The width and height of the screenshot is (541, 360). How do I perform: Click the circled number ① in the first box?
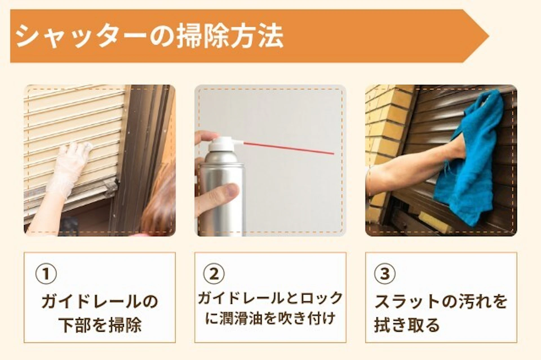(46, 274)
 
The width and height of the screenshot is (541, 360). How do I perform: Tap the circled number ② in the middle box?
(214, 274)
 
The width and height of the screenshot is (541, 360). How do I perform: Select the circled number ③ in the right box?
(385, 274)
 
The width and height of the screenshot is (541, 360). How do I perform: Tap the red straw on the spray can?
(289, 148)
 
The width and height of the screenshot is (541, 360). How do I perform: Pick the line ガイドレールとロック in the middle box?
(270, 298)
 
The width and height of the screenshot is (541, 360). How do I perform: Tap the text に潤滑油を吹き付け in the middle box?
(270, 318)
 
